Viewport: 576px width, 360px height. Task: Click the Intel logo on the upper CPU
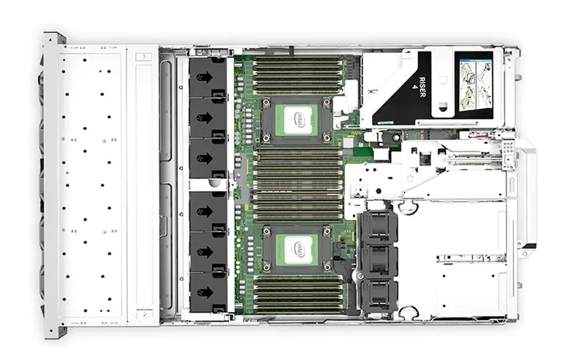point(299,118)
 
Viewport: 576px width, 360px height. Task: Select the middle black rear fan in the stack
point(378,260)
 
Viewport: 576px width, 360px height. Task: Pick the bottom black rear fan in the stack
point(378,293)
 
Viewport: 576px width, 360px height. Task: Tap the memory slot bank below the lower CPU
point(299,295)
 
